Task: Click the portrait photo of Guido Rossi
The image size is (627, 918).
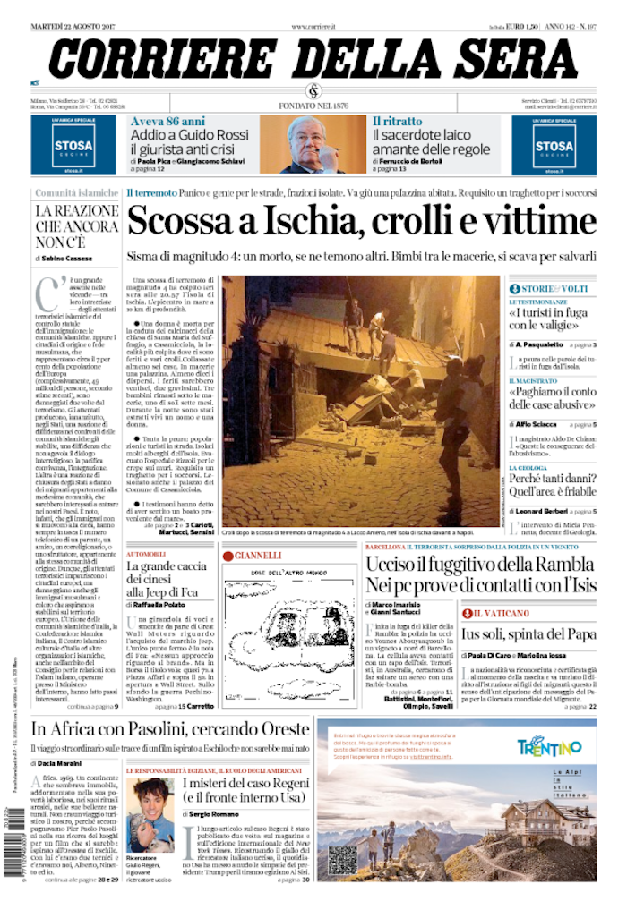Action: [x=312, y=144]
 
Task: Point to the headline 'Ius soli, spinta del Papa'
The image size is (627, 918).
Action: [x=528, y=633]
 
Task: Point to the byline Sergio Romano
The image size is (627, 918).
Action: [x=214, y=815]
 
